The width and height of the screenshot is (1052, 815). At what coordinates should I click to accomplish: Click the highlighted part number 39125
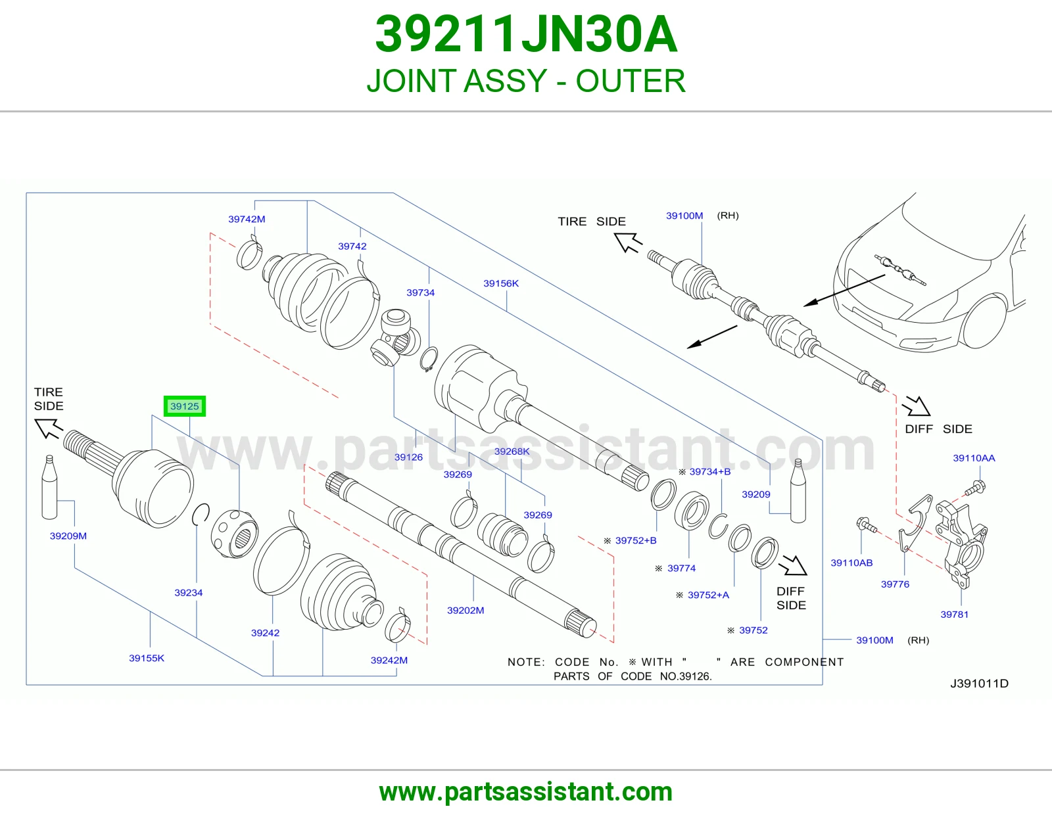click(185, 406)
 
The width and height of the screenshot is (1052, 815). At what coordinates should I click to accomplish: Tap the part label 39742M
click(247, 220)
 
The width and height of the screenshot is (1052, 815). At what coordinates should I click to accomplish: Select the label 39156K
click(500, 283)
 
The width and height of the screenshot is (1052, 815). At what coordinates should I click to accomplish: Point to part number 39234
click(188, 592)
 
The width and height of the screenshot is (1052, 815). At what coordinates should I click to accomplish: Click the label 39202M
click(466, 611)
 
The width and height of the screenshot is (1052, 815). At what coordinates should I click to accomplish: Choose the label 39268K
click(512, 451)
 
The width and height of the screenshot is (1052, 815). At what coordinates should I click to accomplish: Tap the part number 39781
click(954, 615)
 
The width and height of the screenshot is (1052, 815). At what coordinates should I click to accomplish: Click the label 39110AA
click(974, 458)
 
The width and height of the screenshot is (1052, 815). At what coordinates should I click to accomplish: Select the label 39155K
click(146, 658)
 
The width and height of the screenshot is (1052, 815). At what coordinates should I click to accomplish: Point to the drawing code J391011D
click(979, 684)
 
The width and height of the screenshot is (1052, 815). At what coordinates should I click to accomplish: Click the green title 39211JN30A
click(526, 34)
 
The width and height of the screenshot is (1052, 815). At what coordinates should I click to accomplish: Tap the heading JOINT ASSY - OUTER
click(526, 81)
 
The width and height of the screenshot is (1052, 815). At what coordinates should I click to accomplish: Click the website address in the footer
click(526, 792)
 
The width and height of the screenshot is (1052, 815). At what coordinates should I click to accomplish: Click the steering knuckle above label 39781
click(961, 544)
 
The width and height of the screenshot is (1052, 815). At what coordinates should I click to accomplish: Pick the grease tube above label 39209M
click(49, 487)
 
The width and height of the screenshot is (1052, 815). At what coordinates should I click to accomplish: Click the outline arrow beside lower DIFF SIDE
click(792, 565)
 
